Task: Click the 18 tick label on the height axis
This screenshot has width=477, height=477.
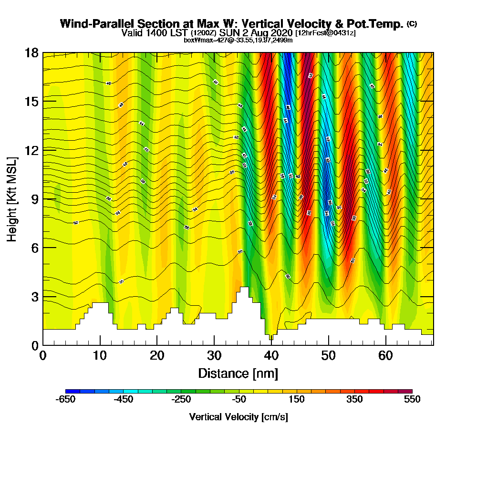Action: click(32, 52)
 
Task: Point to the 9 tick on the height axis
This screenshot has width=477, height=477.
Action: click(43, 198)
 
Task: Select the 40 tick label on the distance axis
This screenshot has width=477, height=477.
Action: click(271, 355)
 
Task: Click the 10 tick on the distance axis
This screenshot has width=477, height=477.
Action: click(100, 345)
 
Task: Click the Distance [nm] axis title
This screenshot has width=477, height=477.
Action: click(238, 373)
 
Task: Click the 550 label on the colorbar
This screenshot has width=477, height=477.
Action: click(412, 400)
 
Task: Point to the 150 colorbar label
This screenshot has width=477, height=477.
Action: click(297, 400)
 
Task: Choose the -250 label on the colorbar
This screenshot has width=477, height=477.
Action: click(181, 400)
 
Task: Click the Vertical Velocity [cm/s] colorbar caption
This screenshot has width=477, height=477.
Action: click(238, 417)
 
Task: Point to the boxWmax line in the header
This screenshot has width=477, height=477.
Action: click(238, 40)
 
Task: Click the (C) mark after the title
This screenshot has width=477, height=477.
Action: click(412, 23)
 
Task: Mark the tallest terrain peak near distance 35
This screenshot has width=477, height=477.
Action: click(244, 288)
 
